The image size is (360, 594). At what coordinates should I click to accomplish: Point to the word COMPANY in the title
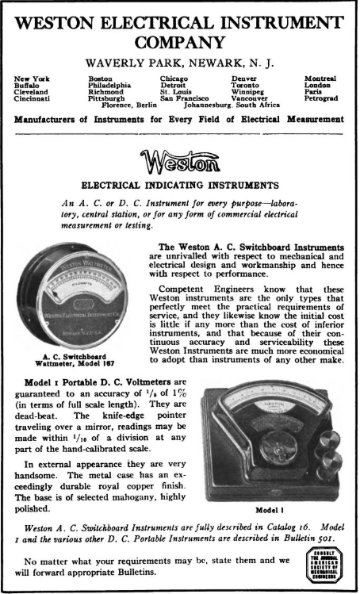[180, 40]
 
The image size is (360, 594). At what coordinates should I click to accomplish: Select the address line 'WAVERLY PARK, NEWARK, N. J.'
[180, 64]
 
